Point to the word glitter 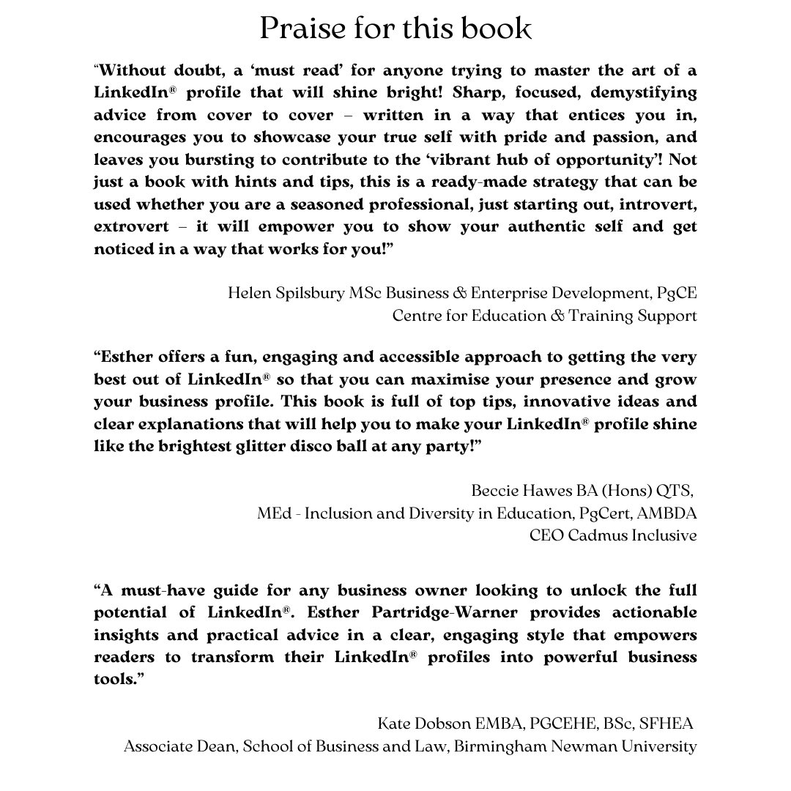pyautogui.click(x=290, y=446)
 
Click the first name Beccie pyautogui.click(x=497, y=491)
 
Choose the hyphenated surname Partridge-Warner pyautogui.click(x=448, y=612)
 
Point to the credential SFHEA pyautogui.click(x=666, y=724)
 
